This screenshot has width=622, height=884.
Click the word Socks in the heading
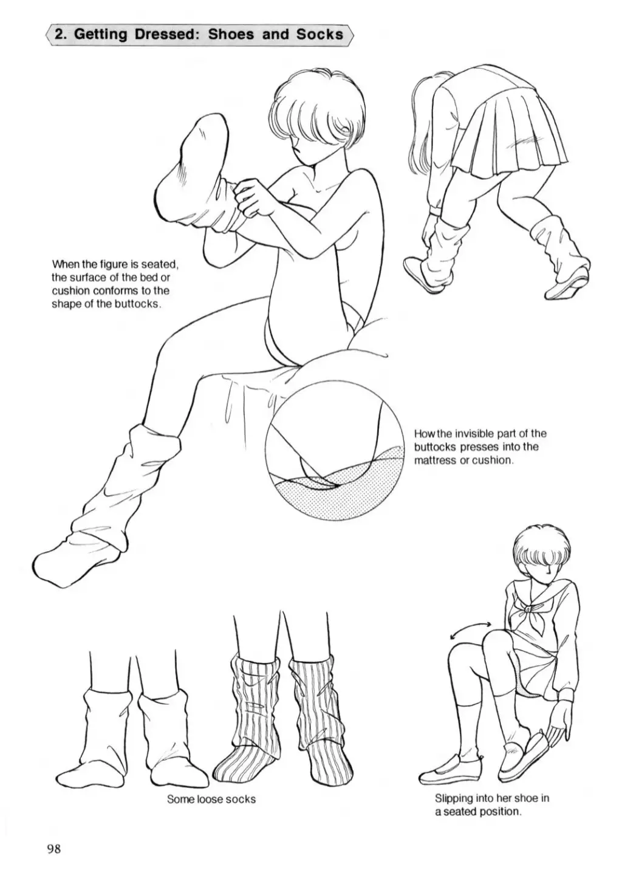pyautogui.click(x=320, y=35)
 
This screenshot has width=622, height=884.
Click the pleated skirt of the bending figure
pyautogui.click(x=513, y=126)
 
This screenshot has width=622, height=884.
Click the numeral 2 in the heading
pyautogui.click(x=60, y=35)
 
